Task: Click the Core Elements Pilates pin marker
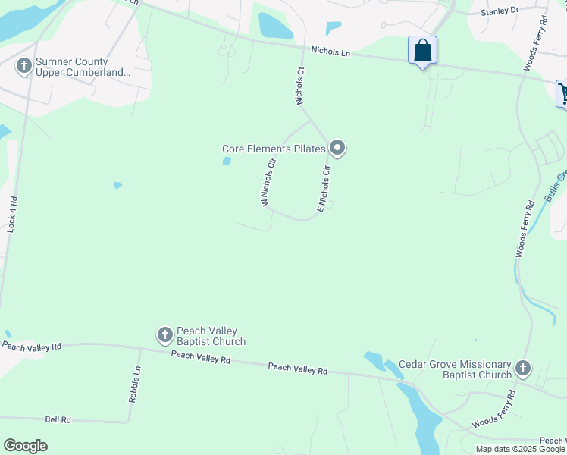[337, 147]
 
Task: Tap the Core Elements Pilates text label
[274, 149]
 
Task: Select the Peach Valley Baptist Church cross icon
[165, 334]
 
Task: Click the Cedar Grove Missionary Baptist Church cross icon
[522, 369]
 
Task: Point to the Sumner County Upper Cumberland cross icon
[24, 67]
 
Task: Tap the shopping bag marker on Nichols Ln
[422, 51]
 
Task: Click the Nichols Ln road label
[330, 52]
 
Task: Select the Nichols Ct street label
[300, 86]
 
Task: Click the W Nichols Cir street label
[268, 182]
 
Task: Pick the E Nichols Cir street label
[324, 188]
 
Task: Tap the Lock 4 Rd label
[12, 214]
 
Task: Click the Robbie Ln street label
[134, 384]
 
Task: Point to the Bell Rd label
[58, 419]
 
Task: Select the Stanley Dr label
[500, 11]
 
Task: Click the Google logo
[26, 445]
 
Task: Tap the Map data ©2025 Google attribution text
[521, 449]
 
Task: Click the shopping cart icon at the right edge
[562, 93]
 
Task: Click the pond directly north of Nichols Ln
[274, 26]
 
